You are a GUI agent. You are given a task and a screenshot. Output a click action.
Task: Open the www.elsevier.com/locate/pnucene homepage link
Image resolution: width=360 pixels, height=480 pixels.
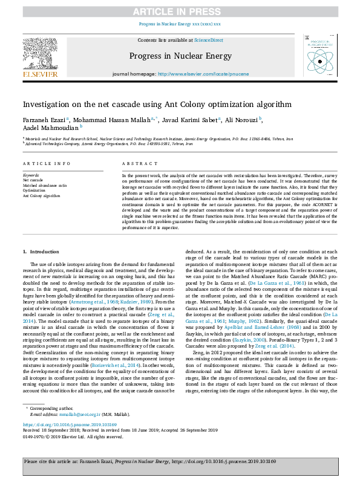(x=202, y=91)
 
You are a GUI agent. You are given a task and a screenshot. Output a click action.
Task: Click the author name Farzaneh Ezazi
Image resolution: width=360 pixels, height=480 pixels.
(x=44, y=120)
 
